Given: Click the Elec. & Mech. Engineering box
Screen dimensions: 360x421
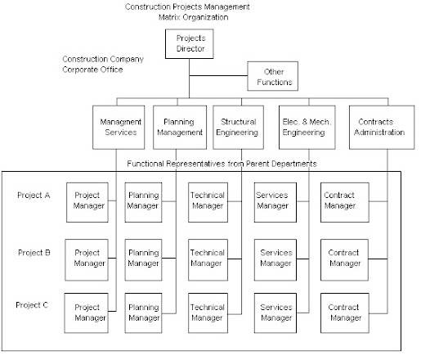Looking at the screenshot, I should point(306,127).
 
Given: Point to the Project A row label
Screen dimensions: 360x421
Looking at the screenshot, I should point(34,196).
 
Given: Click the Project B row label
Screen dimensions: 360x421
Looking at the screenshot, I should point(34,253).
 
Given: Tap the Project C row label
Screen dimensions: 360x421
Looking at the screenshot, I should point(34,304).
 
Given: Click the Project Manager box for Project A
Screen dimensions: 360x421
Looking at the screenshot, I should point(87,200).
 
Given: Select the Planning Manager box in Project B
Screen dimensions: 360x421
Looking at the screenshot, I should point(144,258).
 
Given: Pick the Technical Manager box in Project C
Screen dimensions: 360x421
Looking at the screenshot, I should point(208,312).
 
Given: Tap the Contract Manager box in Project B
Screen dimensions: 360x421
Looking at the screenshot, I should point(343,258).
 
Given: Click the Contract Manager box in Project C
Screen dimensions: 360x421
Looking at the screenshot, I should point(343,312).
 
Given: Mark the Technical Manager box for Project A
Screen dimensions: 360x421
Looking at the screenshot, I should point(208,200).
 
